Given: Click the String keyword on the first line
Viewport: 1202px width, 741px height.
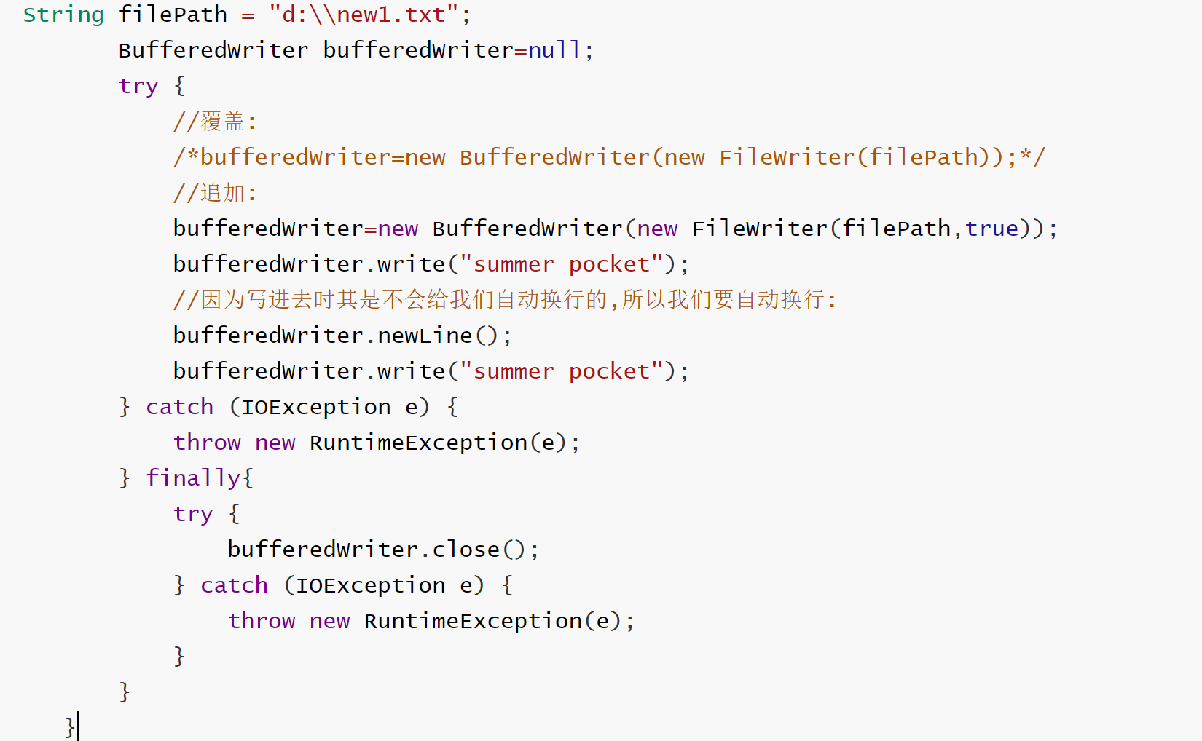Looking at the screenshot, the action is click(63, 15).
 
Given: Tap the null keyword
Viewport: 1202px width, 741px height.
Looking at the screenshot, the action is click(554, 50).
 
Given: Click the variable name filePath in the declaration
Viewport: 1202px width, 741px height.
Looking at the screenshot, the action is click(173, 15).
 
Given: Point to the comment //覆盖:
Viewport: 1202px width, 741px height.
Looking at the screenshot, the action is click(215, 122).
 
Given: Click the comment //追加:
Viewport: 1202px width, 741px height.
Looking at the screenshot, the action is click(215, 193).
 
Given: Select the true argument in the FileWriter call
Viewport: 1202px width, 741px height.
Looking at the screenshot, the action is click(991, 229).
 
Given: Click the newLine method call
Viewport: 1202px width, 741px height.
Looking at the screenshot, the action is click(425, 336).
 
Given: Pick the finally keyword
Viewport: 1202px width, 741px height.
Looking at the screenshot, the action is click(193, 478).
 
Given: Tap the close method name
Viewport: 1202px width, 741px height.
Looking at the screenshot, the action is click(466, 550).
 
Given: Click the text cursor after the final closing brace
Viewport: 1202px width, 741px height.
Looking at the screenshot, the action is click(78, 726).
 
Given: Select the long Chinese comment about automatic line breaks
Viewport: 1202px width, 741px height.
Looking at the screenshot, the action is click(505, 300).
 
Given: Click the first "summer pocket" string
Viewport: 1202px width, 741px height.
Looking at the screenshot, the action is click(562, 264).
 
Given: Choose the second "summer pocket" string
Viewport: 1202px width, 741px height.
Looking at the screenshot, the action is click(562, 371).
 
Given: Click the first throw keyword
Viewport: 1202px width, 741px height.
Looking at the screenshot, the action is click(207, 443).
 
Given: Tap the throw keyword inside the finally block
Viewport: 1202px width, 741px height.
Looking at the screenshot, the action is click(262, 621).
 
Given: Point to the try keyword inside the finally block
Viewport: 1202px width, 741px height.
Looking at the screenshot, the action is click(193, 514).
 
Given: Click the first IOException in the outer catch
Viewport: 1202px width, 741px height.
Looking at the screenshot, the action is click(315, 407).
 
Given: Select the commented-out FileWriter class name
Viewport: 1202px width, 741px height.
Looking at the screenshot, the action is click(787, 157).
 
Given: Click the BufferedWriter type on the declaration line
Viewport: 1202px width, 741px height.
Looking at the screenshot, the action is click(213, 50).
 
